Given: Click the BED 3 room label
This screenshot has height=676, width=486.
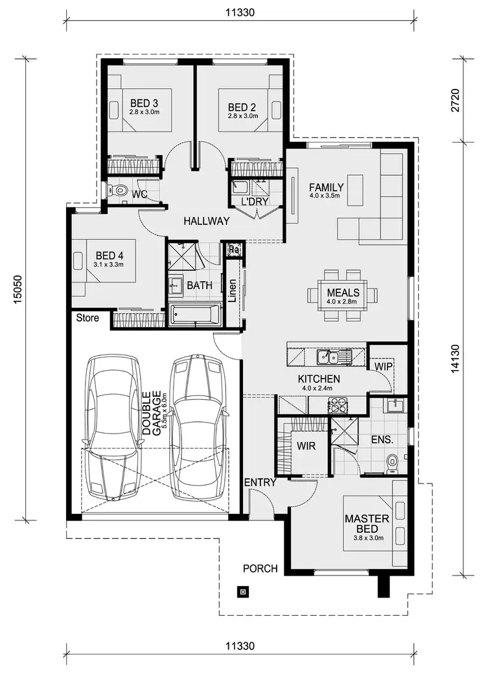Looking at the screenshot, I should [x=144, y=103].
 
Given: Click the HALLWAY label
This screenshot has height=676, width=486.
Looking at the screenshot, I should [x=206, y=221].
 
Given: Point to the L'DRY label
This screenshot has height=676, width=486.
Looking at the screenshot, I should [x=255, y=202].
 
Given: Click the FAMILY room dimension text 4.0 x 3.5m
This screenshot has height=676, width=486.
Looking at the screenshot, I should [x=326, y=196].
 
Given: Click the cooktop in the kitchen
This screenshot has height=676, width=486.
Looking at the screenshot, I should [x=339, y=406].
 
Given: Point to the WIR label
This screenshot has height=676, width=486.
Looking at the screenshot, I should [x=306, y=447].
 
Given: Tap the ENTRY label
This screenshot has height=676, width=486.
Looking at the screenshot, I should [x=260, y=482].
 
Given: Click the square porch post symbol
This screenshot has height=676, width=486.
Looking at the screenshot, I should [x=242, y=590].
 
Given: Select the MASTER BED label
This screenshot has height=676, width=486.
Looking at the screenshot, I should [x=367, y=524].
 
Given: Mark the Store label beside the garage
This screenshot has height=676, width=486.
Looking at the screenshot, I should [x=87, y=318].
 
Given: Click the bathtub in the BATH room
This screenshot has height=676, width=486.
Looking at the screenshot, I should [x=195, y=315].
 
